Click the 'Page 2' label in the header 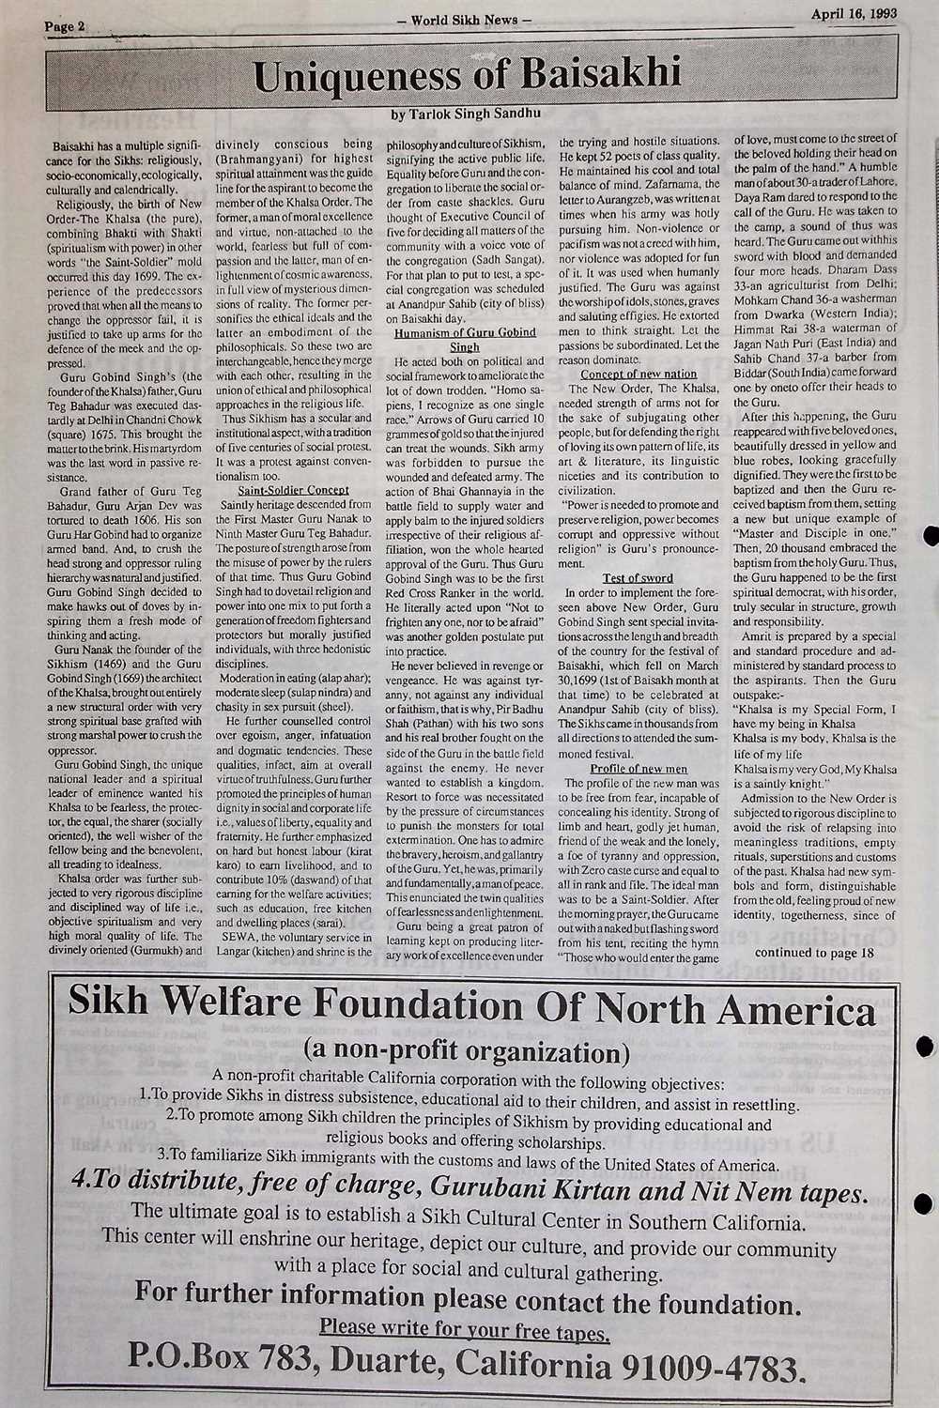[x=64, y=27]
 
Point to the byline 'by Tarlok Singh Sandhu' [x=464, y=114]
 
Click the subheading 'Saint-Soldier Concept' [x=293, y=490]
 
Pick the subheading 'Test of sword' [x=638, y=577]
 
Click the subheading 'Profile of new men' [x=638, y=769]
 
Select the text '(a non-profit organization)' [x=467, y=1050]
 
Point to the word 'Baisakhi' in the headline [x=596, y=76]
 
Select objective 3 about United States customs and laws [x=468, y=1165]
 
